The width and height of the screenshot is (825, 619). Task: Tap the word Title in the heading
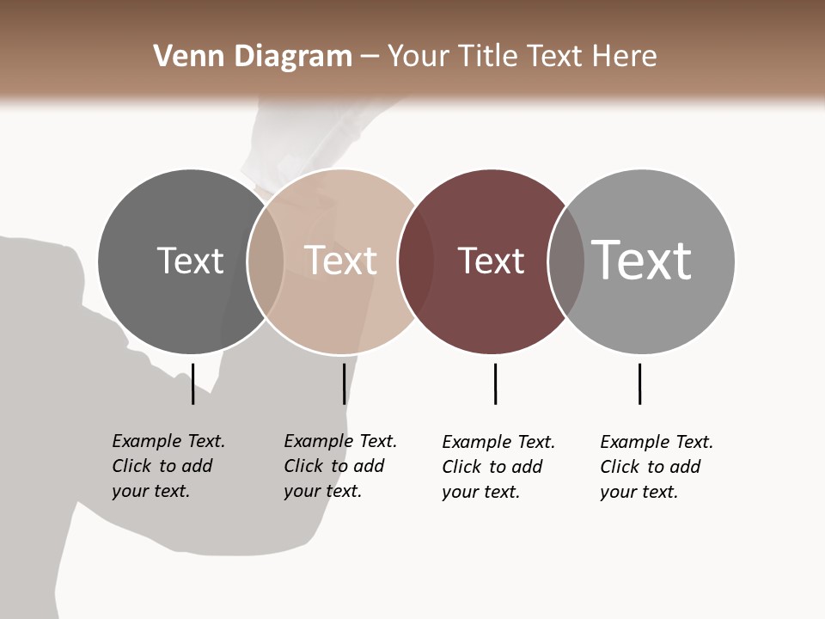tap(487, 57)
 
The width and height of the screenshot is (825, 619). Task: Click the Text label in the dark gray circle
tap(190, 260)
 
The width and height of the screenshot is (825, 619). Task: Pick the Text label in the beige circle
tap(340, 260)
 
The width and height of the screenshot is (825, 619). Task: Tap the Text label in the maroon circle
tap(491, 260)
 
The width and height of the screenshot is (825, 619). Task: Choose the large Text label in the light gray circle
tap(642, 260)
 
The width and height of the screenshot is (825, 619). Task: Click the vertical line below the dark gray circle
tap(192, 383)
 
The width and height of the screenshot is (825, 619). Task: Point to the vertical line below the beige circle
tap(344, 383)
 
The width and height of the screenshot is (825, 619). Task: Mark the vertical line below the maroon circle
tap(495, 383)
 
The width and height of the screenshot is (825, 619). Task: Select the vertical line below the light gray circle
tap(639, 383)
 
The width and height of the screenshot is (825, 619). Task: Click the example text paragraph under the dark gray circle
tap(168, 466)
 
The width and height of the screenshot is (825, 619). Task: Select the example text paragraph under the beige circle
tap(339, 466)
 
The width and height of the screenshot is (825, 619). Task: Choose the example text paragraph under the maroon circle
tap(498, 467)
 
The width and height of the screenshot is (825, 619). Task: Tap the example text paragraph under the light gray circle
tap(656, 467)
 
